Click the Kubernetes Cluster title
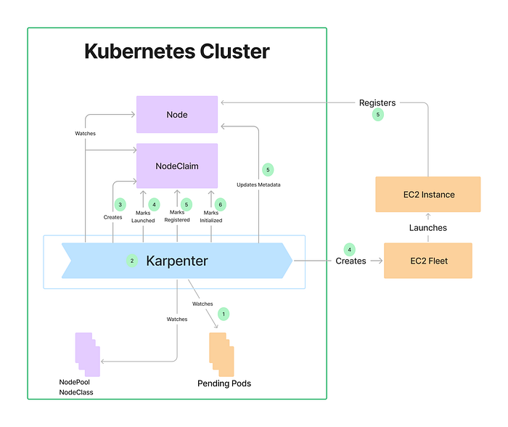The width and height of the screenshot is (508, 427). [177, 52]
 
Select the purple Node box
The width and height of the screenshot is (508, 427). [177, 115]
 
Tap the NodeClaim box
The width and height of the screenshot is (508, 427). [177, 166]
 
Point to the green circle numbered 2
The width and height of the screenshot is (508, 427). [132, 261]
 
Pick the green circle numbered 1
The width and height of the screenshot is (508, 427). [224, 314]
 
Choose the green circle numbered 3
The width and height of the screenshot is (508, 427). [120, 204]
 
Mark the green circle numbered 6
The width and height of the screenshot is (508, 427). [221, 204]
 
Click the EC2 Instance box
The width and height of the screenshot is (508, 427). [427, 194]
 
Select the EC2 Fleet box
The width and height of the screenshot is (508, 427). [427, 261]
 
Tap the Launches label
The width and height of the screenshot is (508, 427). [427, 227]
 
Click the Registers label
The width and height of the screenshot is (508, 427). [377, 103]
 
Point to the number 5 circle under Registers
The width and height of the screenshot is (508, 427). [377, 115]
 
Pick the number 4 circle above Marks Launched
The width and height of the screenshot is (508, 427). [154, 204]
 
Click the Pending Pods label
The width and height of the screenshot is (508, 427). [224, 383]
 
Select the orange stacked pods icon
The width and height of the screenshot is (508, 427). [222, 354]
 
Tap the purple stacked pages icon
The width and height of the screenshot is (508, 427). [87, 354]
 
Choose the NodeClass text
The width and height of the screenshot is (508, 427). [75, 392]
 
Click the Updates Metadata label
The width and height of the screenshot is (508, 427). [259, 185]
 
